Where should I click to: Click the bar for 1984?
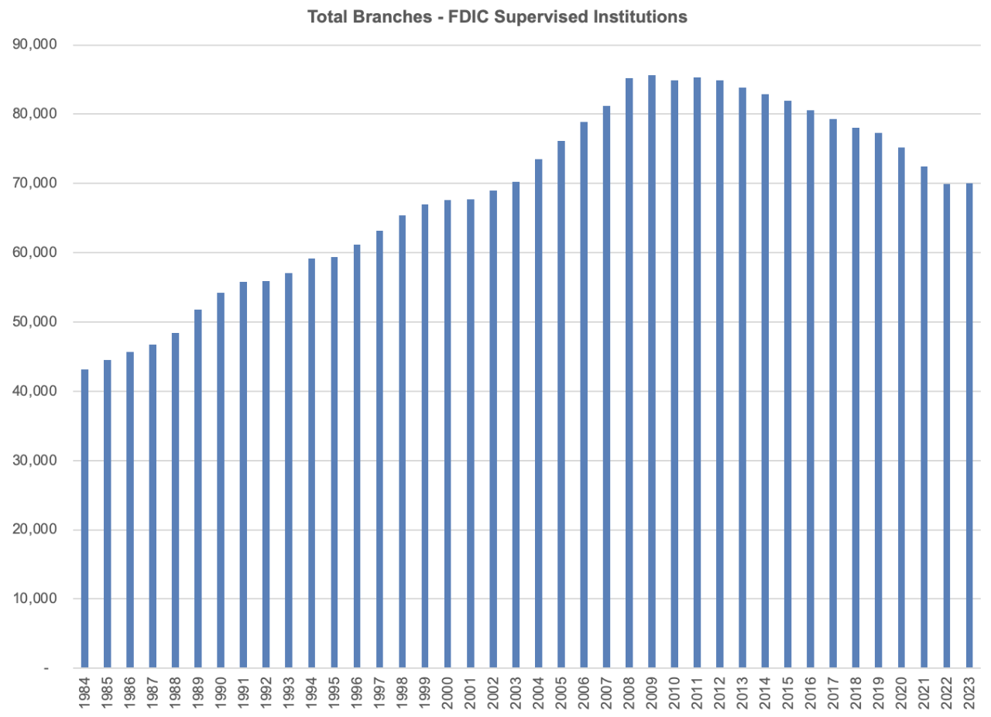pos(84,519)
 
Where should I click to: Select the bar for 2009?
pos(652,372)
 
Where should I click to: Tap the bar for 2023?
pos(969,426)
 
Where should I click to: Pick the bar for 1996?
pos(357,457)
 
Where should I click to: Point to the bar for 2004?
pos(538,413)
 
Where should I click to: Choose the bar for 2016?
pos(811,389)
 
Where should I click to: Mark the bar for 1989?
pos(198,489)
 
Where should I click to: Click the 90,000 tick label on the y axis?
pos(35,45)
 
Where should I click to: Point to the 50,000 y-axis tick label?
pos(35,322)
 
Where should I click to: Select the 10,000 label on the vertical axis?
pos(35,599)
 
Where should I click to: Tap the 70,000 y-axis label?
pos(35,184)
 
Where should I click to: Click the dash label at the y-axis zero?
pos(46,668)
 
